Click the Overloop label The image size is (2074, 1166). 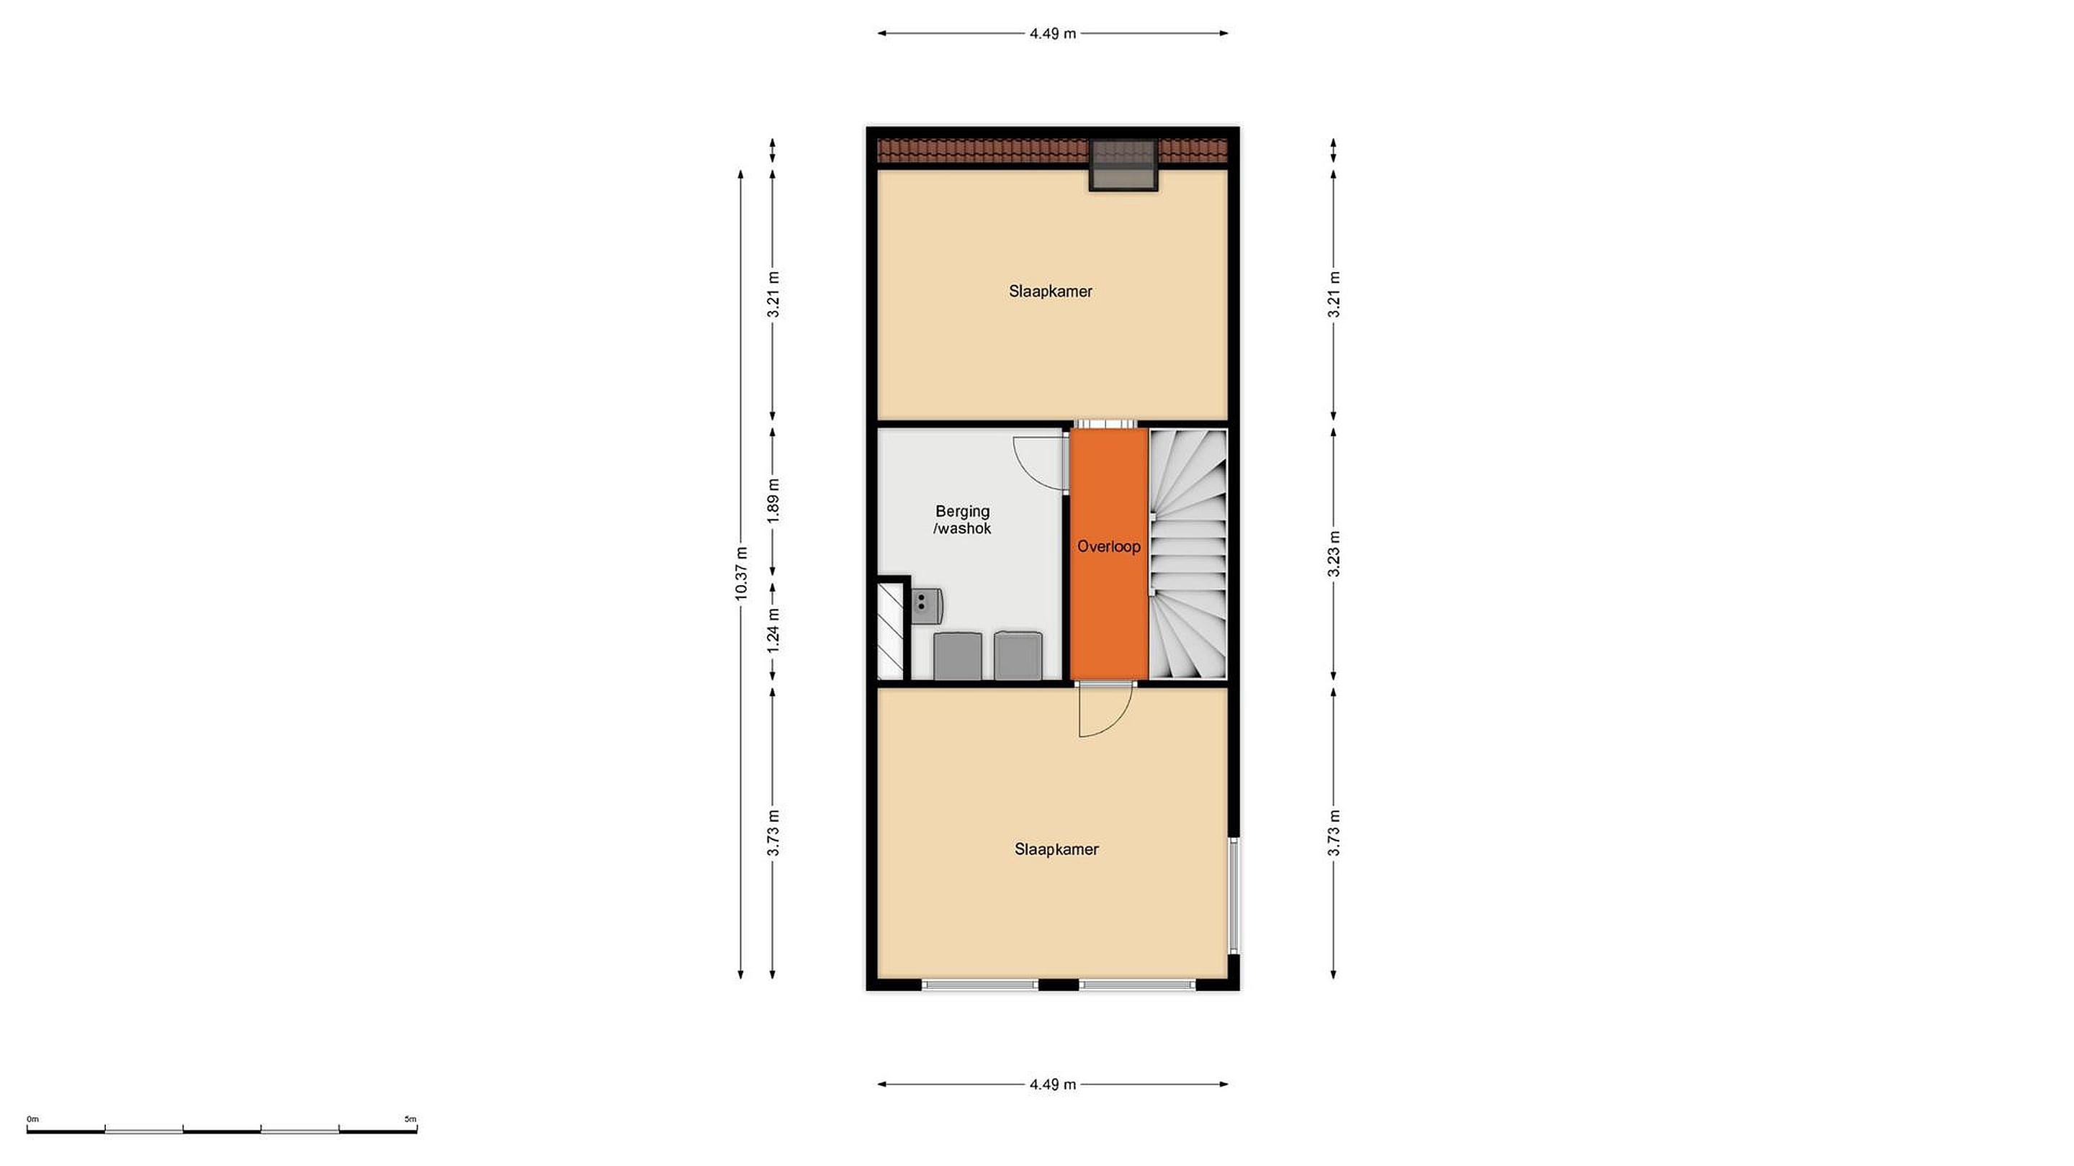(x=1109, y=546)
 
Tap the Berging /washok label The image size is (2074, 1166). (x=962, y=520)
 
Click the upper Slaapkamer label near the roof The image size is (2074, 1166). (x=1051, y=291)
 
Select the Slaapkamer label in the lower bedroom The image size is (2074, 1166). (x=1056, y=849)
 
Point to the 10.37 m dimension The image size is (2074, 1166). (x=742, y=573)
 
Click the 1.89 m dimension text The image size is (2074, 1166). (x=773, y=500)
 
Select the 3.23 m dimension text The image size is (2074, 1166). (x=1333, y=554)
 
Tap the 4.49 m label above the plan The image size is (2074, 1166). (x=1052, y=34)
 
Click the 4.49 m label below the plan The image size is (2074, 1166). (x=1052, y=1084)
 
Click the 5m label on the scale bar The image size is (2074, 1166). (x=410, y=1118)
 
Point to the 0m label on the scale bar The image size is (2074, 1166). (x=32, y=1118)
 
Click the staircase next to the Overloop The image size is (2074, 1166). (x=1188, y=553)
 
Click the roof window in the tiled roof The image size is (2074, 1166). (x=1123, y=165)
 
